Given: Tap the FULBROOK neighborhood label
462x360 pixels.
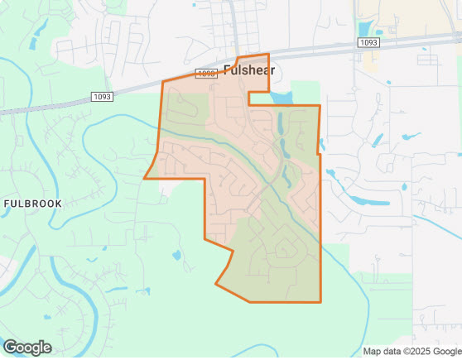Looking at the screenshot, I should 31,203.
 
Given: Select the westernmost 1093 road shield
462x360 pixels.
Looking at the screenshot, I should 102,96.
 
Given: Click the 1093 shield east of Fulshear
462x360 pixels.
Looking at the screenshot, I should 369,41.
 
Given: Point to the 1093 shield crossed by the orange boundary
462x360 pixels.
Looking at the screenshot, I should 206,74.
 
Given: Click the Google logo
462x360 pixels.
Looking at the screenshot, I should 26,348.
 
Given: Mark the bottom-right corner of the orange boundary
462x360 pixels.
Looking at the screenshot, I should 320,302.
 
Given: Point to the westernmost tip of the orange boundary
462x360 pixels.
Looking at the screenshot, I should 144,178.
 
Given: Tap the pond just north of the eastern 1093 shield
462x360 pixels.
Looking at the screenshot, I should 368,31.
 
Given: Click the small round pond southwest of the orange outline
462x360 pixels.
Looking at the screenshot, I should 176,256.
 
